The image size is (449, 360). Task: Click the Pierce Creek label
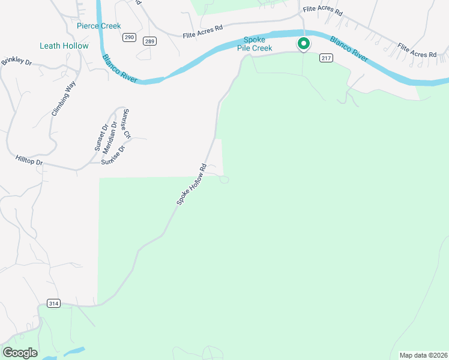pyautogui.click(x=99, y=26)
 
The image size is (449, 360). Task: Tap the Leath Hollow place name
pyautogui.click(x=64, y=46)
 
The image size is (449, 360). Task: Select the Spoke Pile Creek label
pyautogui.click(x=253, y=44)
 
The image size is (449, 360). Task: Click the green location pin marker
pyautogui.click(x=304, y=44)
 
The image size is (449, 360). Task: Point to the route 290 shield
pyautogui.click(x=129, y=37)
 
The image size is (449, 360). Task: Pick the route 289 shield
pyautogui.click(x=149, y=41)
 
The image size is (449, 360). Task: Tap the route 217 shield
pyautogui.click(x=326, y=58)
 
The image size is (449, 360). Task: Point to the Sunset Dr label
pyautogui.click(x=100, y=137)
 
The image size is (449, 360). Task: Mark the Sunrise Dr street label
pyautogui.click(x=113, y=155)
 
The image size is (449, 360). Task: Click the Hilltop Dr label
pyautogui.click(x=29, y=161)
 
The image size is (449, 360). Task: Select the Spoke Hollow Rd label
pyautogui.click(x=191, y=185)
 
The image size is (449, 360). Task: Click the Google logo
pyautogui.click(x=20, y=353)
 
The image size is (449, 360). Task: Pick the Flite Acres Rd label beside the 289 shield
pyautogui.click(x=203, y=31)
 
